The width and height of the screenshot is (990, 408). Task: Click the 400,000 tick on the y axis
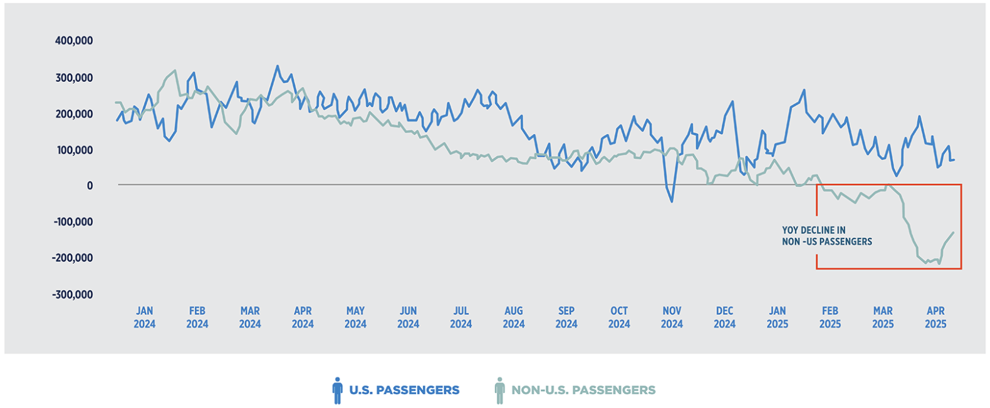74,41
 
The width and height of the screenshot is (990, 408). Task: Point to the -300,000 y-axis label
72,295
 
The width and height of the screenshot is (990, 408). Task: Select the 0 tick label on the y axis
90,186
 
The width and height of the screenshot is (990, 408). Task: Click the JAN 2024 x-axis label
144,317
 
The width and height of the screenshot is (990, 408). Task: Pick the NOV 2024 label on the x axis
672,317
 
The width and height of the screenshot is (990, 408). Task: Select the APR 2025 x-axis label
935,317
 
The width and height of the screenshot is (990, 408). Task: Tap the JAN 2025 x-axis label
777,317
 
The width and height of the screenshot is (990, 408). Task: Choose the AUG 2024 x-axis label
513,317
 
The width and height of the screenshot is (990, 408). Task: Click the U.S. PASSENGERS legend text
404,390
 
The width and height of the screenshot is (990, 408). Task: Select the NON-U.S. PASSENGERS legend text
583,390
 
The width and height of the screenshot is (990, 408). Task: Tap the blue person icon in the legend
338,390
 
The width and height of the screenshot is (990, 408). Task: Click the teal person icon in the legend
499,390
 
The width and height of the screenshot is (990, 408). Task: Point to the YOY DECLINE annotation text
826,236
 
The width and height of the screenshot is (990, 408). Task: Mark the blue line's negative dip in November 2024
672,201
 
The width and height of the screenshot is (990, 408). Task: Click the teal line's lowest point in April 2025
939,263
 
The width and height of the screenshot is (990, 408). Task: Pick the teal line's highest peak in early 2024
175,71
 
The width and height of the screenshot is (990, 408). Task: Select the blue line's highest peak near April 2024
277,66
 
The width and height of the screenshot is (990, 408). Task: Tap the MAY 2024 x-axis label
355,317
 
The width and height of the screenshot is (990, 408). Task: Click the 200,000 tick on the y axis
74,114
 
